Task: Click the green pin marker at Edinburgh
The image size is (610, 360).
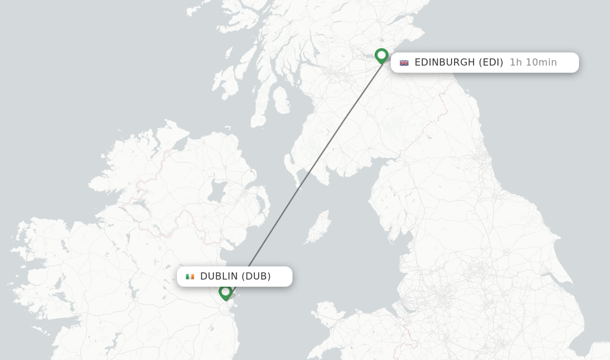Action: (382, 55)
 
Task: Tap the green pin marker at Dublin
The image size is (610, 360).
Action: (225, 292)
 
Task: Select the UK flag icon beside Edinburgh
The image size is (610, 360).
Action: (404, 63)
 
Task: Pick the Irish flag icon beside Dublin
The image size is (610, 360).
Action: (190, 277)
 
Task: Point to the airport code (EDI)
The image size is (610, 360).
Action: (491, 63)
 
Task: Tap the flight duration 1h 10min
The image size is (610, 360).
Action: (533, 63)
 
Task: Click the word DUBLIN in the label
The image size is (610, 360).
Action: (219, 277)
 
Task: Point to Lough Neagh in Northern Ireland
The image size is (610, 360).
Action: (217, 192)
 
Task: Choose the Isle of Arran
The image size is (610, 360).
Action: (281, 100)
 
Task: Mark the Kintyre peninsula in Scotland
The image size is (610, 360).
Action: (260, 107)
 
